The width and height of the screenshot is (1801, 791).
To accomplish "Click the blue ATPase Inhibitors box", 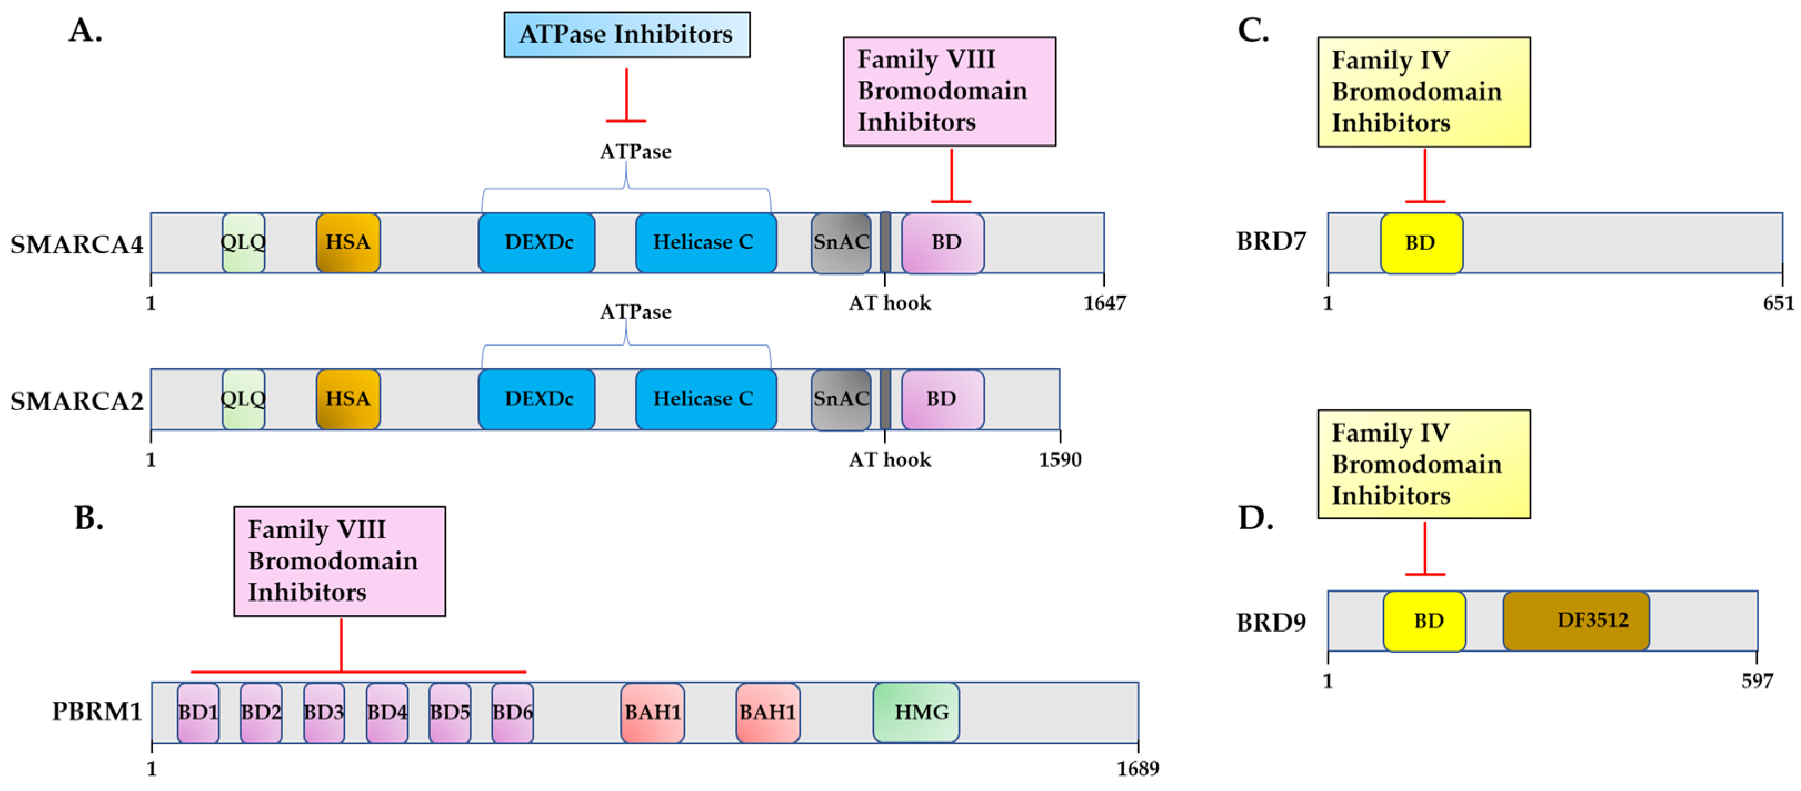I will pos(626,34).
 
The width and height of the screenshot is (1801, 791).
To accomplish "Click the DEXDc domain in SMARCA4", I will pos(536,243).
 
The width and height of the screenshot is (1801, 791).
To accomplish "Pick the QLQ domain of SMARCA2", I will pos(243,399).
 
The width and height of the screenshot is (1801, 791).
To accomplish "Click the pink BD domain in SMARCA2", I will pos(942,399).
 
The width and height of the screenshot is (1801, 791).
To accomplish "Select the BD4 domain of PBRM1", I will pos(387,712).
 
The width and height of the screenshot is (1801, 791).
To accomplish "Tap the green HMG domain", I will pos(916,712).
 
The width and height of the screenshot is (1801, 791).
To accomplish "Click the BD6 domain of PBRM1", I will pos(512,712).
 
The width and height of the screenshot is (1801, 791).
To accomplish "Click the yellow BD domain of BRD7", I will pos(1421,243).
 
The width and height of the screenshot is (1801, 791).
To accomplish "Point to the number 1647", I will pos(1104,303).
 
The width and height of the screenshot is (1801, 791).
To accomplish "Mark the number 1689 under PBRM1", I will pos(1138,769).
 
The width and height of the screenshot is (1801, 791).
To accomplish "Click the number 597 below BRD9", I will pos(1756,680).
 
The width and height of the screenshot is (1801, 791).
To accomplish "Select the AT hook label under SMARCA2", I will pos(889,460).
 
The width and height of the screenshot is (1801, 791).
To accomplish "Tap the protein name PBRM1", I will pos(97,712).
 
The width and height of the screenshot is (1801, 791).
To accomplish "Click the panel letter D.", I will pos(1255,518).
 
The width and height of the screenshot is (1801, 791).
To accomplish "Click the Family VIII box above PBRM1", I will pos(339,561).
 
